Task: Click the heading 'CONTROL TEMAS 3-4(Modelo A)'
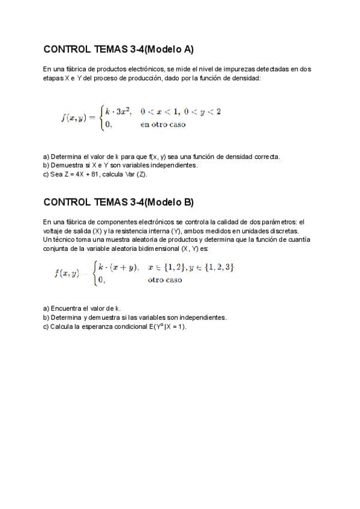(x=118, y=49)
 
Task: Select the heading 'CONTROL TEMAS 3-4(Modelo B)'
(x=118, y=202)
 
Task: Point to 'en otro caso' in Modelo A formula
(x=163, y=125)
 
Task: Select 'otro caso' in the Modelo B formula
(x=165, y=280)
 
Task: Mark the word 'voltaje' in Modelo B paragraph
(x=53, y=230)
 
